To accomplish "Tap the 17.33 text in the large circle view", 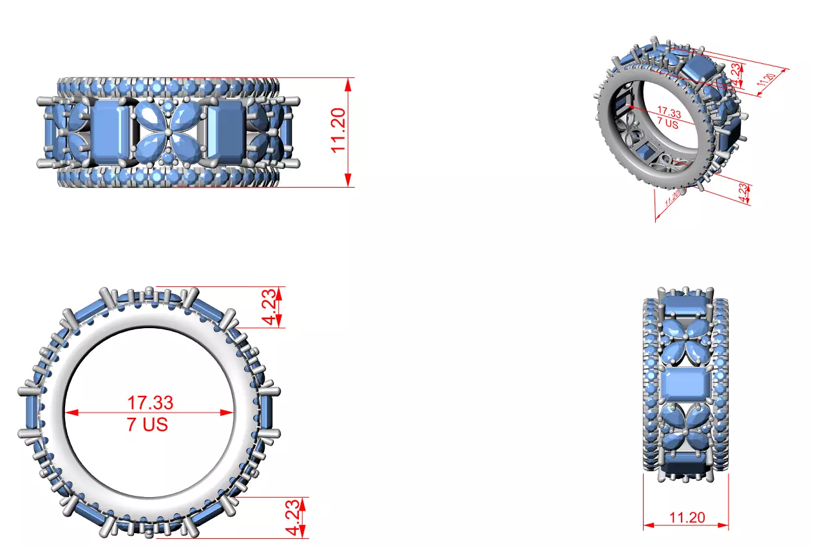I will (149, 403).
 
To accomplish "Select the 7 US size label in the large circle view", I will (148, 424).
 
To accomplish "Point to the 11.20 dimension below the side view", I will (687, 518).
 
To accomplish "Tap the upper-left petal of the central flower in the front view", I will (151, 119).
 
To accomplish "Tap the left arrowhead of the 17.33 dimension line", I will (68, 413).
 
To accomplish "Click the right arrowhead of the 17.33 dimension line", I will (229, 413).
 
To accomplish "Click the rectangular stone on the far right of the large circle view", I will (267, 413).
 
